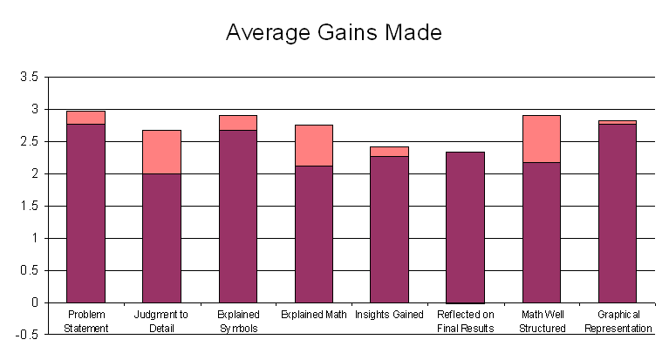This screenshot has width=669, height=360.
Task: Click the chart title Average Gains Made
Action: [334, 33]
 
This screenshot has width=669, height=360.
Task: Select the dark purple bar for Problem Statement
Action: [85, 214]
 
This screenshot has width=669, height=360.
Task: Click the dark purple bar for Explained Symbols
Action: [237, 216]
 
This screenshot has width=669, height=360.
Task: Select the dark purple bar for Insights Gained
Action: [389, 229]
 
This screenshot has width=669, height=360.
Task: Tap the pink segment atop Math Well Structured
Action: [541, 139]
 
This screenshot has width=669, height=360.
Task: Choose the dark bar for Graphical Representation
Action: [617, 214]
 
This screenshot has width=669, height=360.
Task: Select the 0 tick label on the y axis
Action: [34, 303]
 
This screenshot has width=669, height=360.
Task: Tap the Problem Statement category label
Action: [85, 321]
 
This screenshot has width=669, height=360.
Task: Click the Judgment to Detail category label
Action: [161, 321]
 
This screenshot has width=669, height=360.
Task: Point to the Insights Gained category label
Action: [389, 315]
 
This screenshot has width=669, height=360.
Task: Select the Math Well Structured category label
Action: [541, 321]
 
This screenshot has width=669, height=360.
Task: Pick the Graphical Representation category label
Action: [618, 321]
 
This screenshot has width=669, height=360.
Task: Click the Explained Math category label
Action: [313, 315]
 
